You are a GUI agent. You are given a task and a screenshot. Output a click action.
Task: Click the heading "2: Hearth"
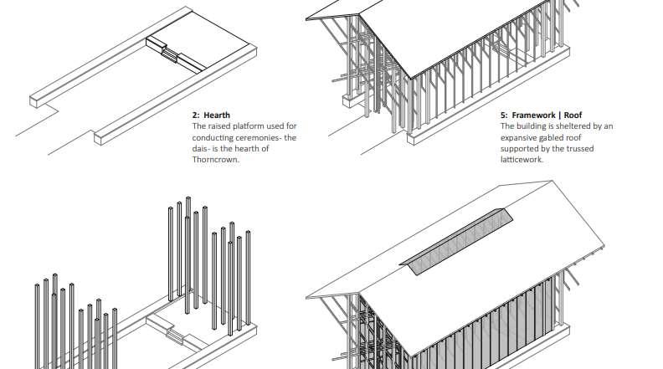(211, 115)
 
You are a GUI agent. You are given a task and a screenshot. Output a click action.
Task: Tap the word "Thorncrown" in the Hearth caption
(216, 160)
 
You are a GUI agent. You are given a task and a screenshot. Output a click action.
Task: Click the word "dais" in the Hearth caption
(203, 149)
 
